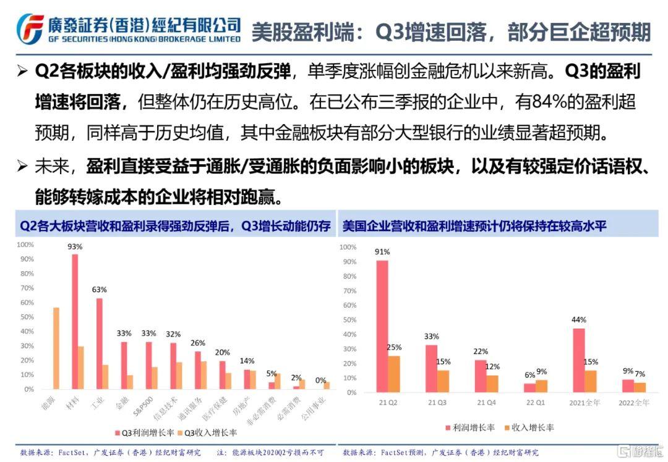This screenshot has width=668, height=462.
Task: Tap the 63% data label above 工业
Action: coord(100,289)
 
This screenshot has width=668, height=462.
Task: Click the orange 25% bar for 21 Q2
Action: coord(394,374)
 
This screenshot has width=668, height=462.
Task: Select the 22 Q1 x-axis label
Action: coord(534,403)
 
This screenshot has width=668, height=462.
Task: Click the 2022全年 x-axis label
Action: coord(633,403)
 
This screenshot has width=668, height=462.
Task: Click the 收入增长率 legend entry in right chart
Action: coord(528,427)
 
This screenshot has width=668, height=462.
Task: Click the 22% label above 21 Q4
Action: coord(481,351)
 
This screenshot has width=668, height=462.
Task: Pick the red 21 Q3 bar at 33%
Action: coord(431,368)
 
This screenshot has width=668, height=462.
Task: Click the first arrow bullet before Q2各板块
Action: coord(23,72)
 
